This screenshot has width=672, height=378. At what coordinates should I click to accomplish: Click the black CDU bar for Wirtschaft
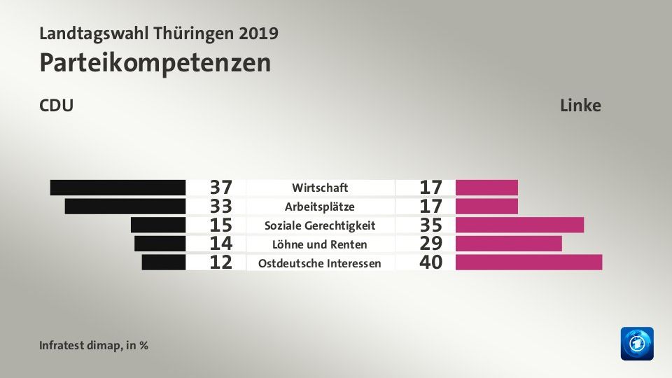[x=118, y=188]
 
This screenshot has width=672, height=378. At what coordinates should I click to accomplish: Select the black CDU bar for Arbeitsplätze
[x=125, y=206]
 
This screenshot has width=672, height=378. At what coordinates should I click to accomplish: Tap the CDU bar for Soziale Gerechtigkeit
[x=157, y=225]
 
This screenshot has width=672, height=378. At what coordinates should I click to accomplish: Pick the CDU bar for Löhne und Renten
[x=160, y=244]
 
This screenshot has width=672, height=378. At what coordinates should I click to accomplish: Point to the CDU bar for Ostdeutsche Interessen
[x=163, y=262]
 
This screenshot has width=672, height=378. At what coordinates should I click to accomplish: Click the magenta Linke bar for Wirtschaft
[x=486, y=188]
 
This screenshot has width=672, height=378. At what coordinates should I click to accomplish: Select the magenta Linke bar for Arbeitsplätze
[x=486, y=206]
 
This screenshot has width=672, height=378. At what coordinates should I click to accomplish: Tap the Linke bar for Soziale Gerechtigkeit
[x=519, y=225]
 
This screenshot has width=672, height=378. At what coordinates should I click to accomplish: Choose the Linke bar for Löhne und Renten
[x=508, y=244]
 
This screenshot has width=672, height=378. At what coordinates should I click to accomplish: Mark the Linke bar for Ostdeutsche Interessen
[x=528, y=262]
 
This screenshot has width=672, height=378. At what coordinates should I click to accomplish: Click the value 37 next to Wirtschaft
[x=221, y=188]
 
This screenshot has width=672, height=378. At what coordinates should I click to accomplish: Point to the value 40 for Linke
[x=431, y=263]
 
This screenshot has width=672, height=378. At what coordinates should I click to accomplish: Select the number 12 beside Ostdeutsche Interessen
[x=221, y=263]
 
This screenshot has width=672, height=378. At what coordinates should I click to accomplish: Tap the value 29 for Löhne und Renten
[x=431, y=244]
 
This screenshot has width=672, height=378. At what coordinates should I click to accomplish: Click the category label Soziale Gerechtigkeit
[x=320, y=225]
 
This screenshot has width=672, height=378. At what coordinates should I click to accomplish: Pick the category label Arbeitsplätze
[x=320, y=206]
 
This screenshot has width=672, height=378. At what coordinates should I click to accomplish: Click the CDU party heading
[x=57, y=106]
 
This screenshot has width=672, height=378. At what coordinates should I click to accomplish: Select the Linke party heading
[x=580, y=106]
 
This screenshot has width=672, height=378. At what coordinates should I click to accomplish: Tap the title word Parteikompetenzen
[x=155, y=62]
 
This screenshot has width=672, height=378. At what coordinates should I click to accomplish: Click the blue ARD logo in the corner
[x=637, y=344]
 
